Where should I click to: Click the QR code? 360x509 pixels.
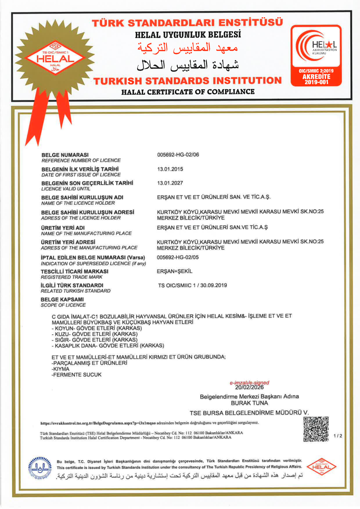click(x=316, y=429)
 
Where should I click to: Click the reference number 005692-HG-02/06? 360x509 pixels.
click(x=178, y=155)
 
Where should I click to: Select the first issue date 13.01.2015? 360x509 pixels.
click(x=170, y=169)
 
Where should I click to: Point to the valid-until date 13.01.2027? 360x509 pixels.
click(x=170, y=183)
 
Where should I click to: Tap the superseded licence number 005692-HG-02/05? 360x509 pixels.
click(x=177, y=257)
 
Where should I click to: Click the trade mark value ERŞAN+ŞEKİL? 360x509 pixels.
click(x=175, y=271)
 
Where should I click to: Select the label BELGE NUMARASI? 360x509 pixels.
click(x=65, y=155)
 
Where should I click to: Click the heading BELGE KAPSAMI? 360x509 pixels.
click(x=62, y=299)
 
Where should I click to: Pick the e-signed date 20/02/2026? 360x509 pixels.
click(x=249, y=387)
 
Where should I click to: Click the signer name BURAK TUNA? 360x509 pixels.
click(x=249, y=403)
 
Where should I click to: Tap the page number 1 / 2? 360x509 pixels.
click(x=338, y=436)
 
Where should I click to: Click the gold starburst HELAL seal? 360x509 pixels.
click(x=55, y=58)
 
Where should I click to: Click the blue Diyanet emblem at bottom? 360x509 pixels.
click(x=40, y=468)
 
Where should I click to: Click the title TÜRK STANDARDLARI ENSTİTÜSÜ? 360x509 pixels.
click(x=187, y=23)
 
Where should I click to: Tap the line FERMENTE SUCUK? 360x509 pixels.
click(x=77, y=375)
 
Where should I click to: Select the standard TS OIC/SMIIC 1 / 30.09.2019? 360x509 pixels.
click(x=193, y=285)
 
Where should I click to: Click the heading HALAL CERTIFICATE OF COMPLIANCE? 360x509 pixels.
click(x=188, y=92)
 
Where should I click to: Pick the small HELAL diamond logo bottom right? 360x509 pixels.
click(x=321, y=467)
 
